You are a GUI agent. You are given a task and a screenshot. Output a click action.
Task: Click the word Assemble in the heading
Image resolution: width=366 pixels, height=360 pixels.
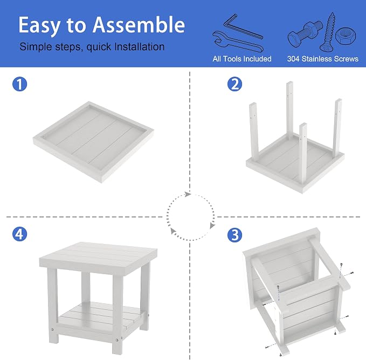[139, 25]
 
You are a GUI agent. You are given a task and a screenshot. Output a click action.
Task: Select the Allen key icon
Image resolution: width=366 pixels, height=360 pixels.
[243, 26]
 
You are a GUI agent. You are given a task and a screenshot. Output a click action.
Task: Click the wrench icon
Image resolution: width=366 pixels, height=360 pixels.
[238, 42]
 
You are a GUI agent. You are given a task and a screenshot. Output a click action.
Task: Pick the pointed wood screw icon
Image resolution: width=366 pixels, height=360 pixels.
[327, 32]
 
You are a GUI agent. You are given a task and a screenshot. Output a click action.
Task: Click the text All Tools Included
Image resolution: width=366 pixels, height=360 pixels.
[242, 59]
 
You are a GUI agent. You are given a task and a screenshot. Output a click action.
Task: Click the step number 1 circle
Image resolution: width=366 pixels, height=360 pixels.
[19, 84]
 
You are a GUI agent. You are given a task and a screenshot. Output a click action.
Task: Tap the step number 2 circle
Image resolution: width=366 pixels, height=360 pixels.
[234, 84]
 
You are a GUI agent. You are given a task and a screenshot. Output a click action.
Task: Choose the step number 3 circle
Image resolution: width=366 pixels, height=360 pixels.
[234, 235]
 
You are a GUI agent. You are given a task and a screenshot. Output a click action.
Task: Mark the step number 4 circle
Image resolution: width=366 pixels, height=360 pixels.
[19, 234]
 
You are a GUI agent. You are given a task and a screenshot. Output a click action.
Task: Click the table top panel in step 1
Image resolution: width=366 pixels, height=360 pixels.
[93, 142]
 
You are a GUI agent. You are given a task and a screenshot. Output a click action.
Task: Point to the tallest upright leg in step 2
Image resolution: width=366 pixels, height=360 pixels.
[289, 110]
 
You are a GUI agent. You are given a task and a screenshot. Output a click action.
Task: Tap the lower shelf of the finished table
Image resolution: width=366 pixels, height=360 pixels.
[100, 315]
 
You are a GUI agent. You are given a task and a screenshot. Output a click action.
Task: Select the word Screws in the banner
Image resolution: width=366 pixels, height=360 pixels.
[347, 59]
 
